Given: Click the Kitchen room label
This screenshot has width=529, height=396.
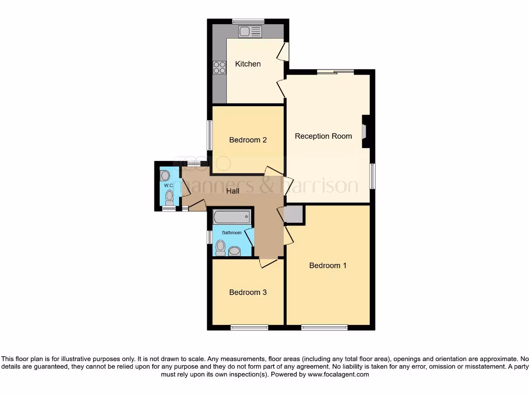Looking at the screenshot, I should [248, 64].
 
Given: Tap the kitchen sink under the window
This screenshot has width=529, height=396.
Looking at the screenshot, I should [250, 31].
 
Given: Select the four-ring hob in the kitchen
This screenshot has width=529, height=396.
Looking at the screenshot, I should [220, 68].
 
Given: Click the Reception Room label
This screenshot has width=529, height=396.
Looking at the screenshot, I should [323, 136].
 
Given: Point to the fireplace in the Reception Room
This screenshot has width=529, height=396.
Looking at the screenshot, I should [365, 132].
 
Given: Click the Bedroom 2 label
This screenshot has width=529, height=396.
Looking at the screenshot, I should [248, 140].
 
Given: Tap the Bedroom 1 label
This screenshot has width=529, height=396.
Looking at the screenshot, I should [328, 266].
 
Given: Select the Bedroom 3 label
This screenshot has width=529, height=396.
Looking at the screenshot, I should [248, 292].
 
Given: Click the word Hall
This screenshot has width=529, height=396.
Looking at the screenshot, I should [232, 191].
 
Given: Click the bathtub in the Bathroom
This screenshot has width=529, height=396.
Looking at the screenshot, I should [232, 217].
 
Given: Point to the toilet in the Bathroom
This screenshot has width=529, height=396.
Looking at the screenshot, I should [221, 247].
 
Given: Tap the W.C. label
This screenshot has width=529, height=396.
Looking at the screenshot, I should [168, 185].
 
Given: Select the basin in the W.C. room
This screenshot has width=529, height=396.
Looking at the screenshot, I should [165, 176].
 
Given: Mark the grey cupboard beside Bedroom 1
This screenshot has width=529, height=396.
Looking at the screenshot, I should [294, 214].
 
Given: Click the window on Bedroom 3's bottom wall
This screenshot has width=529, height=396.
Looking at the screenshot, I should [249, 327].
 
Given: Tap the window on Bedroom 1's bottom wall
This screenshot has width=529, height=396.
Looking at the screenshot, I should [324, 327].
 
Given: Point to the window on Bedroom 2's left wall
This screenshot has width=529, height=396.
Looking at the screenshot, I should [210, 135].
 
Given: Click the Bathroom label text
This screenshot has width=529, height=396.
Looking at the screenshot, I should [232, 233].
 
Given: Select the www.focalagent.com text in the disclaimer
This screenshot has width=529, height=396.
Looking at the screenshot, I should [338, 374].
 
